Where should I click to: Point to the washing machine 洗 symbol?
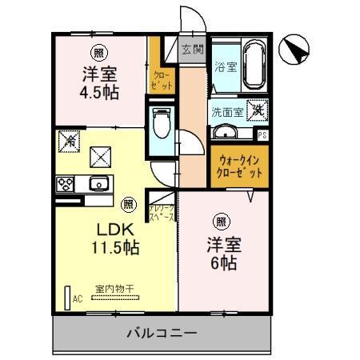[x=258, y=111]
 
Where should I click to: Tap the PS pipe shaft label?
[x=262, y=135]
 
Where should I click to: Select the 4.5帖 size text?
[x=100, y=92]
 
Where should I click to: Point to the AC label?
[x=78, y=299]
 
